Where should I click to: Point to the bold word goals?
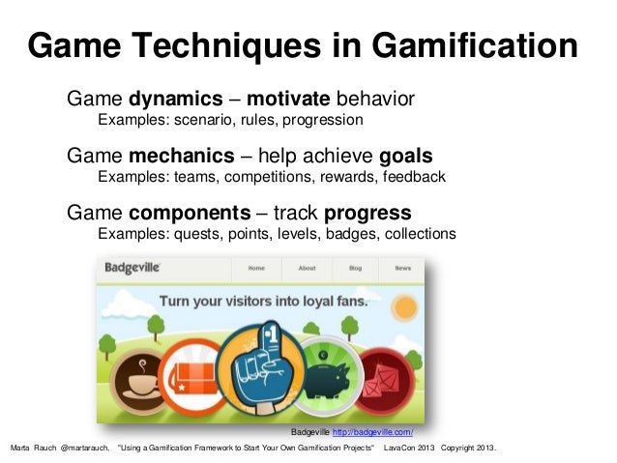tap(405, 157)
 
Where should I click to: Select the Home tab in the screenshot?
tap(256, 268)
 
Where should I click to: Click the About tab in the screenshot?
tap(307, 268)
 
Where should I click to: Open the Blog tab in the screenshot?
tap(355, 268)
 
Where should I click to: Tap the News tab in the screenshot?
tap(402, 268)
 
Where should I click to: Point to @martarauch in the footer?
tap(85, 450)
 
